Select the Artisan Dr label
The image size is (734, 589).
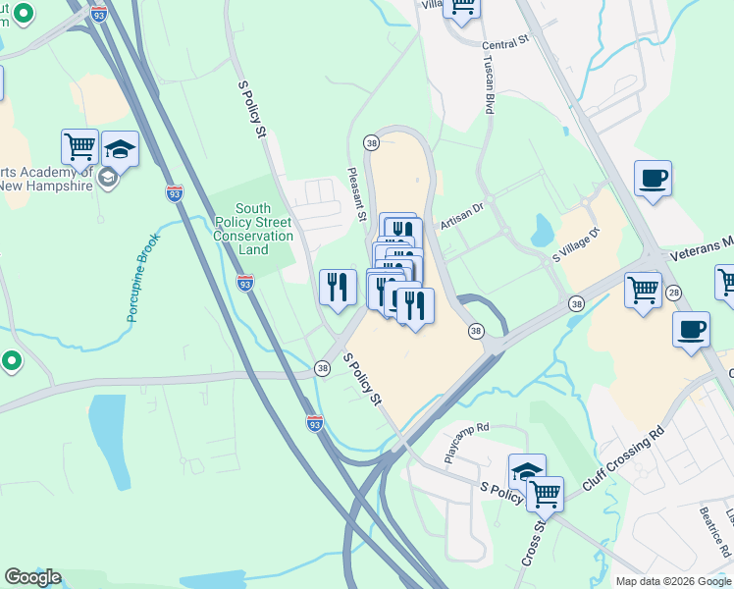click(x=462, y=216)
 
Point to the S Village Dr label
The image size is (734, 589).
click(x=575, y=244)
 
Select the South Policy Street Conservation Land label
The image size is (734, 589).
click(x=253, y=229)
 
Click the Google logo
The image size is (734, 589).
click(x=32, y=577)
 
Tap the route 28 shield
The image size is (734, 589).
click(x=673, y=293)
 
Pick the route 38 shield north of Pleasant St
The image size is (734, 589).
click(x=371, y=142)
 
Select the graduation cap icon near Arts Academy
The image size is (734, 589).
click(x=120, y=149)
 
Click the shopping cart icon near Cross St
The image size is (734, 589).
click(x=545, y=493)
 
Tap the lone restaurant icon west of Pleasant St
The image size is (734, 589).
click(x=338, y=287)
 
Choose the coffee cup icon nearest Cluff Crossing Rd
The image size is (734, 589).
click(x=691, y=329)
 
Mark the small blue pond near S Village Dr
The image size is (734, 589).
click(x=542, y=231)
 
